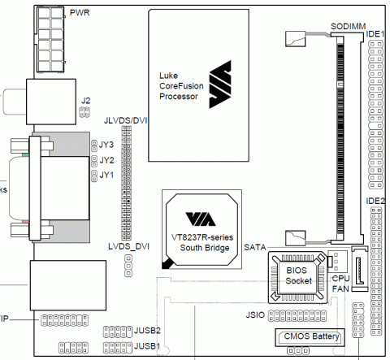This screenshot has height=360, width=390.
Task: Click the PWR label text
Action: [80, 13]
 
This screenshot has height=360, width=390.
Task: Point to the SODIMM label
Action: [346, 27]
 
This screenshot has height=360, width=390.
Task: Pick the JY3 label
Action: [106, 145]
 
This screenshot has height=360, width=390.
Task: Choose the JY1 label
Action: [106, 175]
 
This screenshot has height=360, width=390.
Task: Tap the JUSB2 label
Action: [148, 331]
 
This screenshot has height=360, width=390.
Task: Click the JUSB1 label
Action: [148, 346]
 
